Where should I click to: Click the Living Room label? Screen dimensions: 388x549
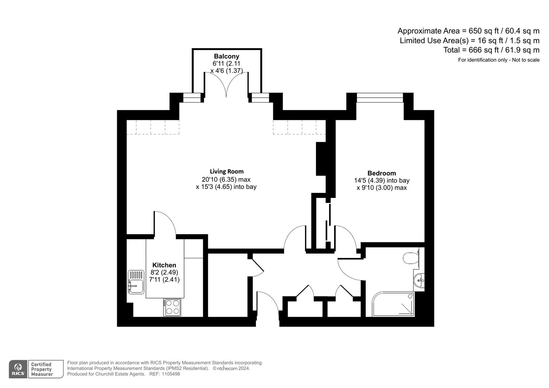click(227, 171)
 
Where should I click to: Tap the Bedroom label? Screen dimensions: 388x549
click(381, 173)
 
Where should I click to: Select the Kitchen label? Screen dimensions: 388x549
click(164, 265)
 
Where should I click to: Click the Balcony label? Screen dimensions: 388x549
click(227, 56)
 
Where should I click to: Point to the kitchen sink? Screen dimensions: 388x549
click(136, 282)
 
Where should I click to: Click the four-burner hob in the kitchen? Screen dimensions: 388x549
click(172, 307)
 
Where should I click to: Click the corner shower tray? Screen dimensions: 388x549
click(393, 304)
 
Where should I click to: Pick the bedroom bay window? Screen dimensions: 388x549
click(380, 97)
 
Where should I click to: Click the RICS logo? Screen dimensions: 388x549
click(18, 369)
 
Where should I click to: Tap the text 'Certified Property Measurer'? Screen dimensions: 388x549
click(42, 369)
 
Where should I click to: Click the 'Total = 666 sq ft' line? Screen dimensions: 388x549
click(491, 50)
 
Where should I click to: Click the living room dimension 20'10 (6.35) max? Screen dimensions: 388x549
click(226, 179)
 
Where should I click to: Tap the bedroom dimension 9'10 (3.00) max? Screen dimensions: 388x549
click(381, 188)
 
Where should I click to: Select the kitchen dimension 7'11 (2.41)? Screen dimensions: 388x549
click(164, 279)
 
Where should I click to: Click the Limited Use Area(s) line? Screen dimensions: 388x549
click(470, 41)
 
